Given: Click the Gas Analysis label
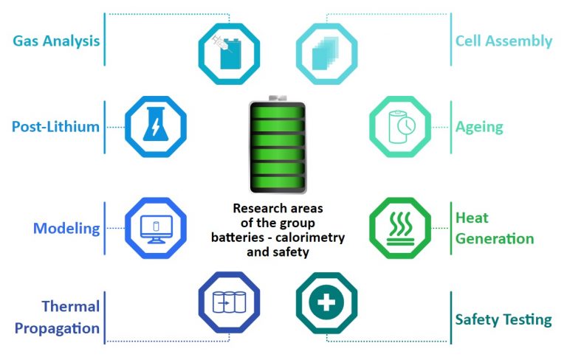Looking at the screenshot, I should pyautogui.click(x=56, y=41).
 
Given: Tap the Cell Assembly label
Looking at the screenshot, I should pyautogui.click(x=504, y=41).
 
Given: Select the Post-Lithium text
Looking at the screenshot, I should pyautogui.click(x=55, y=126).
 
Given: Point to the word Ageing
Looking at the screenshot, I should pyautogui.click(x=479, y=126).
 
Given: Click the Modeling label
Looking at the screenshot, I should pyautogui.click(x=66, y=228).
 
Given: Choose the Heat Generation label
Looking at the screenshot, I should pyautogui.click(x=494, y=228).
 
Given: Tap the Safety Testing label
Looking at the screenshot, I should pyautogui.click(x=503, y=319).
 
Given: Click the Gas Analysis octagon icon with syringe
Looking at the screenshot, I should pyautogui.click(x=229, y=53).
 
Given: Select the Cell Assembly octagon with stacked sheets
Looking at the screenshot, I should pyautogui.click(x=327, y=53).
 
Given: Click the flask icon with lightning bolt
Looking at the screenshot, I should pyautogui.click(x=155, y=126).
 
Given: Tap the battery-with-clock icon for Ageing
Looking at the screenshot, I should pyautogui.click(x=399, y=126).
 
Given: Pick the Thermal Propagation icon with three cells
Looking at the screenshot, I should pyautogui.click(x=229, y=302).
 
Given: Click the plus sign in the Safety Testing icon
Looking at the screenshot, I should pyautogui.click(x=327, y=302).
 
